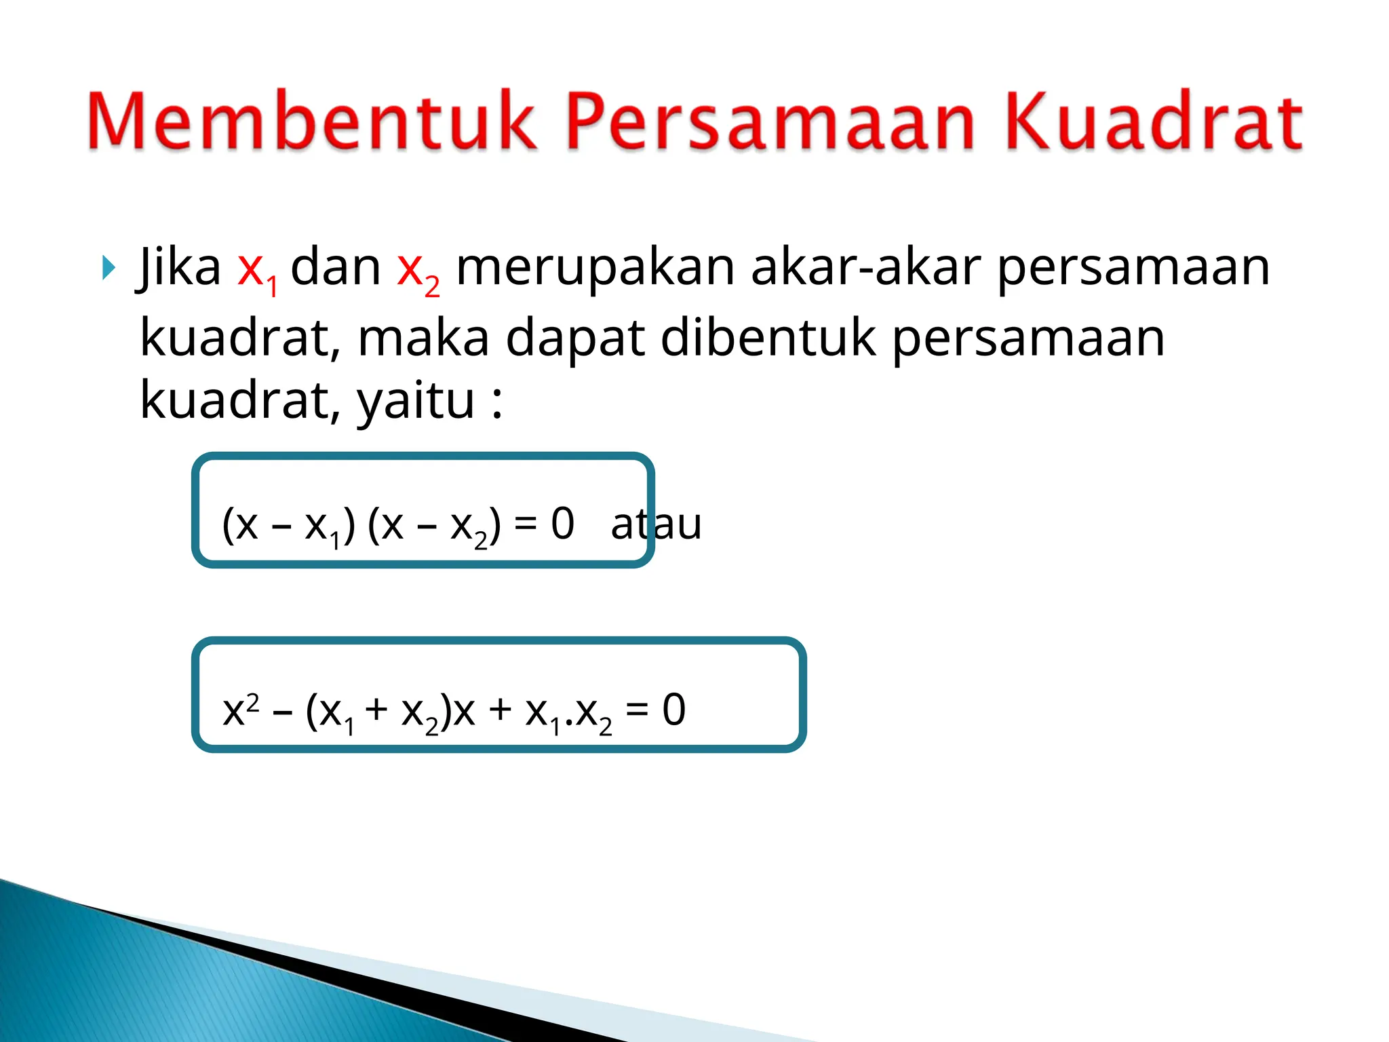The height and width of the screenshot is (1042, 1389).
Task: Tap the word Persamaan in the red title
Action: click(x=770, y=122)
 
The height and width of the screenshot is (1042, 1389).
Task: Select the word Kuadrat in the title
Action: click(x=1153, y=122)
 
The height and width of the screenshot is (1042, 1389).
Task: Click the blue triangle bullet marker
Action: click(x=108, y=269)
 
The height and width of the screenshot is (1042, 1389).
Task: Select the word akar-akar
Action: click(x=865, y=267)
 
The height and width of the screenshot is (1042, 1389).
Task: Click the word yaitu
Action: click(x=416, y=402)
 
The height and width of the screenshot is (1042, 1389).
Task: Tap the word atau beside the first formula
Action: click(x=656, y=524)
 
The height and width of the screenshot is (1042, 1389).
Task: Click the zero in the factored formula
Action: click(x=562, y=524)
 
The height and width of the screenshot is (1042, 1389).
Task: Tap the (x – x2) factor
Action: click(x=434, y=526)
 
